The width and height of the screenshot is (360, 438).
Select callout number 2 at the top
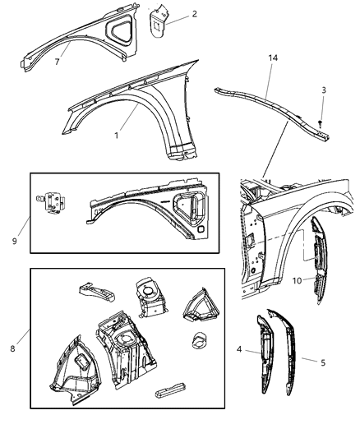[x=194, y=14]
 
